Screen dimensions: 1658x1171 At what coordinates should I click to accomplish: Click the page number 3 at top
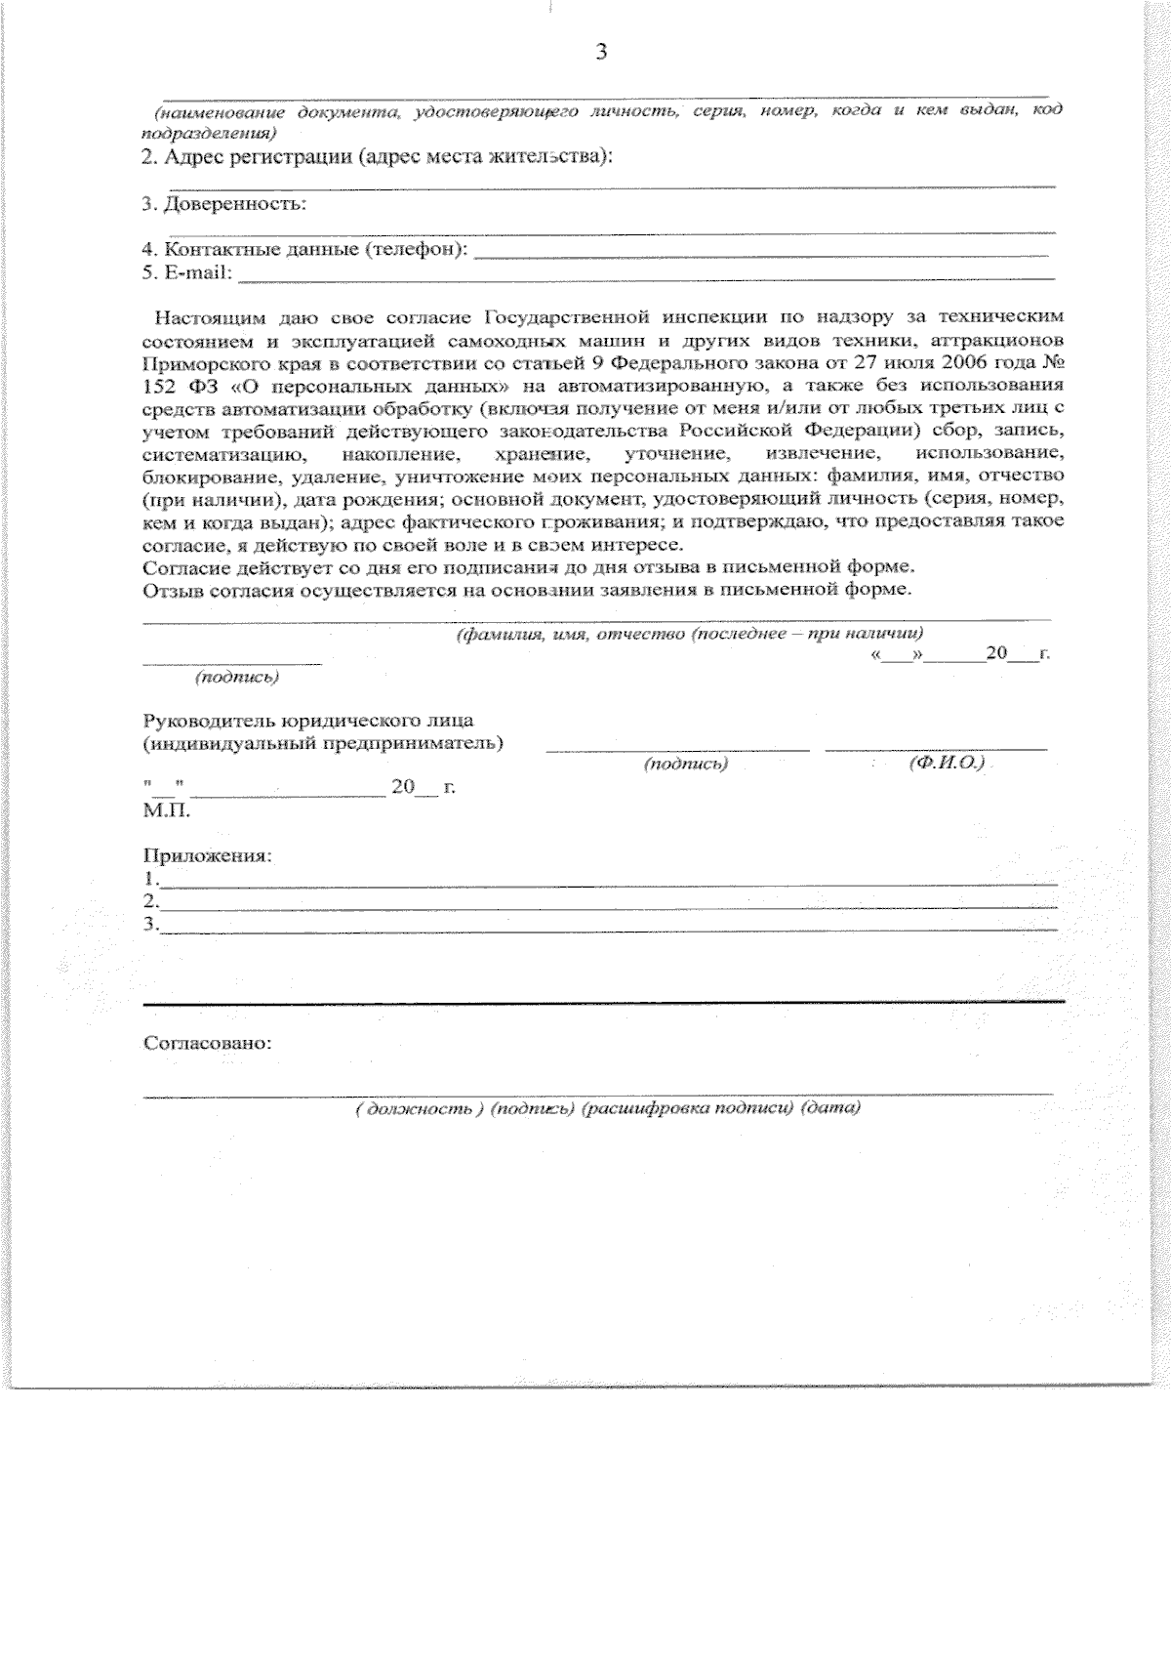pyautogui.click(x=600, y=52)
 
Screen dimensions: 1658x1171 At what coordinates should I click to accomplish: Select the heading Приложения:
pyautogui.click(x=207, y=855)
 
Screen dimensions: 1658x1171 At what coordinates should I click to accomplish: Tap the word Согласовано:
pyautogui.click(x=207, y=1043)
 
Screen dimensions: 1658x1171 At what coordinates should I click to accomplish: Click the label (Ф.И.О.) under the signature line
pyautogui.click(x=945, y=763)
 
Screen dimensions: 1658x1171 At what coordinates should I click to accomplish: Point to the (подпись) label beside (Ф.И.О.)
pyautogui.click(x=686, y=765)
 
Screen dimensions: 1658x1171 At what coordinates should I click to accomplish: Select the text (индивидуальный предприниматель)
pyautogui.click(x=323, y=743)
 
